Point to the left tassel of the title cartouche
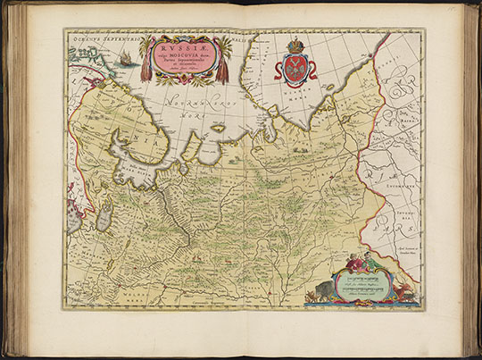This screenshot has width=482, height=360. click(146, 69)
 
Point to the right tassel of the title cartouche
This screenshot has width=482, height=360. click(221, 69)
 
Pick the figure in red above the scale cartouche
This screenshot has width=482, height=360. click(352, 263)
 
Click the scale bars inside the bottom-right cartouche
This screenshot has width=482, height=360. click(362, 286)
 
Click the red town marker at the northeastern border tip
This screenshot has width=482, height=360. click(386, 38)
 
